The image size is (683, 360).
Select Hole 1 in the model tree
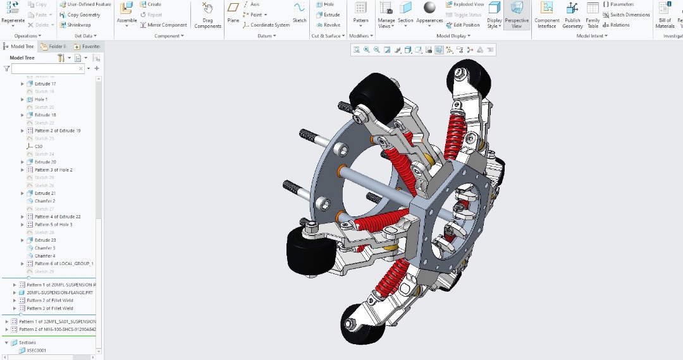(x=40, y=99)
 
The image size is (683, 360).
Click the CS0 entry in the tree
(x=39, y=146)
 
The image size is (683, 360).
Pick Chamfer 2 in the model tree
(x=44, y=201)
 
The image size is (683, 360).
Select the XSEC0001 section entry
(x=36, y=350)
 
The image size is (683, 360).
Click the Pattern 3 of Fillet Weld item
(x=50, y=308)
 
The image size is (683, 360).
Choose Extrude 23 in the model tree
(x=45, y=240)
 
